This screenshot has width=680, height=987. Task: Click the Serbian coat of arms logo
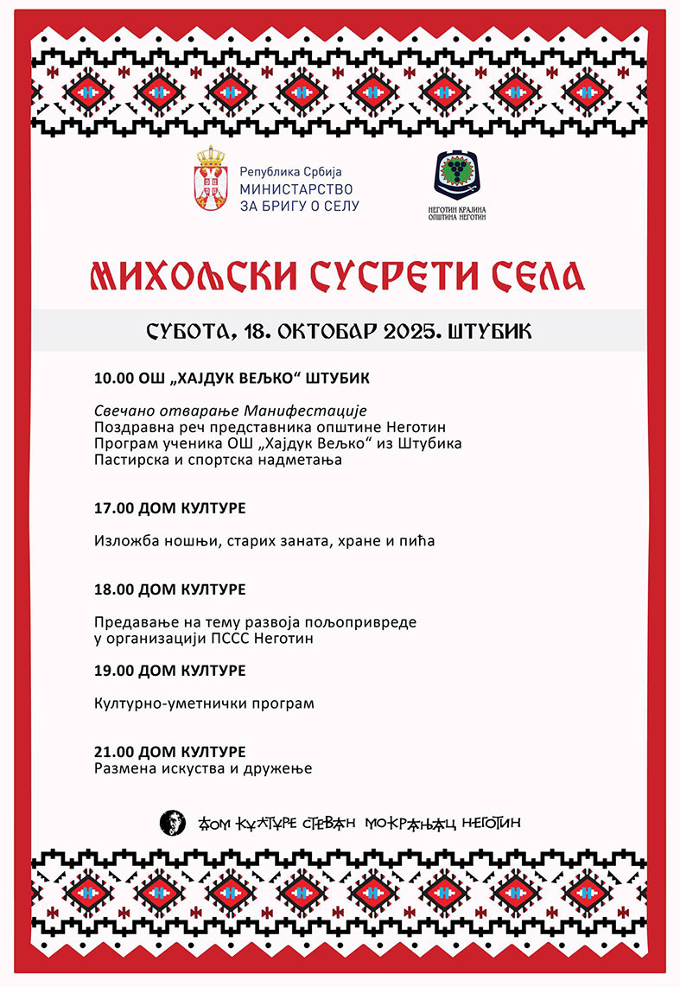coord(212,181)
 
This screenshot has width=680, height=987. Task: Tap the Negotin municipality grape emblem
coord(457,175)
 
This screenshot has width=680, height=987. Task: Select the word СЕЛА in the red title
coord(537,274)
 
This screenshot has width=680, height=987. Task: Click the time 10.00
coord(112,379)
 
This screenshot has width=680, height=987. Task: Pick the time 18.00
coord(112,589)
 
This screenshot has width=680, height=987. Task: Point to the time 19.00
coord(112,670)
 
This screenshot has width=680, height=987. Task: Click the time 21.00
coord(112,751)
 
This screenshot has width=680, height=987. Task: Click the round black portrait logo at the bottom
coord(173,823)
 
